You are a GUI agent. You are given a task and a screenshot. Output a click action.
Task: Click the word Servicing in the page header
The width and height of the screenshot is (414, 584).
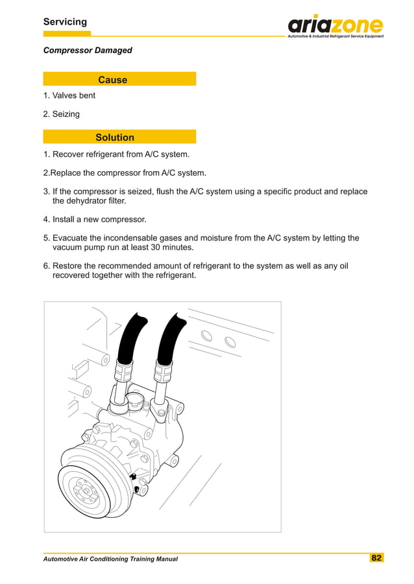pyautogui.click(x=65, y=22)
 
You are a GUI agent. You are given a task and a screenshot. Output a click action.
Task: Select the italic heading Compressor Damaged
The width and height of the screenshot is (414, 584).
pyautogui.click(x=88, y=50)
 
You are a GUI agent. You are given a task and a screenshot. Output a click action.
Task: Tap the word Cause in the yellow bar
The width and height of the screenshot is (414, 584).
pyautogui.click(x=112, y=80)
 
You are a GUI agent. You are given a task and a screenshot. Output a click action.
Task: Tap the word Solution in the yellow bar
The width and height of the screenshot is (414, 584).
pyautogui.click(x=115, y=137)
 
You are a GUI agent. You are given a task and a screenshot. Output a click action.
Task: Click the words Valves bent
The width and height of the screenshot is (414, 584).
pyautogui.click(x=73, y=95)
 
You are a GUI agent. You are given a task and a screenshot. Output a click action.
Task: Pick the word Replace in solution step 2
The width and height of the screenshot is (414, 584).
pyautogui.click(x=67, y=173)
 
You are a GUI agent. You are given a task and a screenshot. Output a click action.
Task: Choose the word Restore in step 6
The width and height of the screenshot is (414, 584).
pyautogui.click(x=69, y=266)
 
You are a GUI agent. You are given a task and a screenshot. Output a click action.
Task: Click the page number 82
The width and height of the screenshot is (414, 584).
pyautogui.click(x=376, y=558)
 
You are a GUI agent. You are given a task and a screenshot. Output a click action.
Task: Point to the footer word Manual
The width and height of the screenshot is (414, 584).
pyautogui.click(x=164, y=559)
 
